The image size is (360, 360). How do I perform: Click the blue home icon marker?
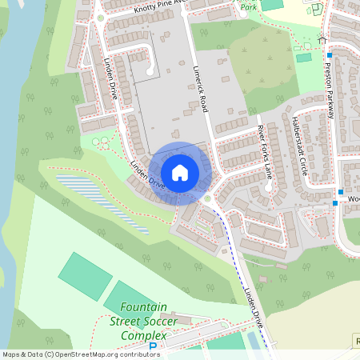point(180,172)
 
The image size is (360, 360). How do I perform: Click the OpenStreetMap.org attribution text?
point(80,354)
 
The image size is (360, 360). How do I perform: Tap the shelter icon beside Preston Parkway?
point(322,39)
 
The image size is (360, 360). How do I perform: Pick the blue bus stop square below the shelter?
point(329,55)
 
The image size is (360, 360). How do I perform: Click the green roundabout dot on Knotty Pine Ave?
point(101,17)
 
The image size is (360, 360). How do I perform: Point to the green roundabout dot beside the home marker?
point(206,198)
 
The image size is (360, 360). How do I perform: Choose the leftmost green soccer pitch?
point(85,275)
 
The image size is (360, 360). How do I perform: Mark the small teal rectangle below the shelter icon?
point(304,57)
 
